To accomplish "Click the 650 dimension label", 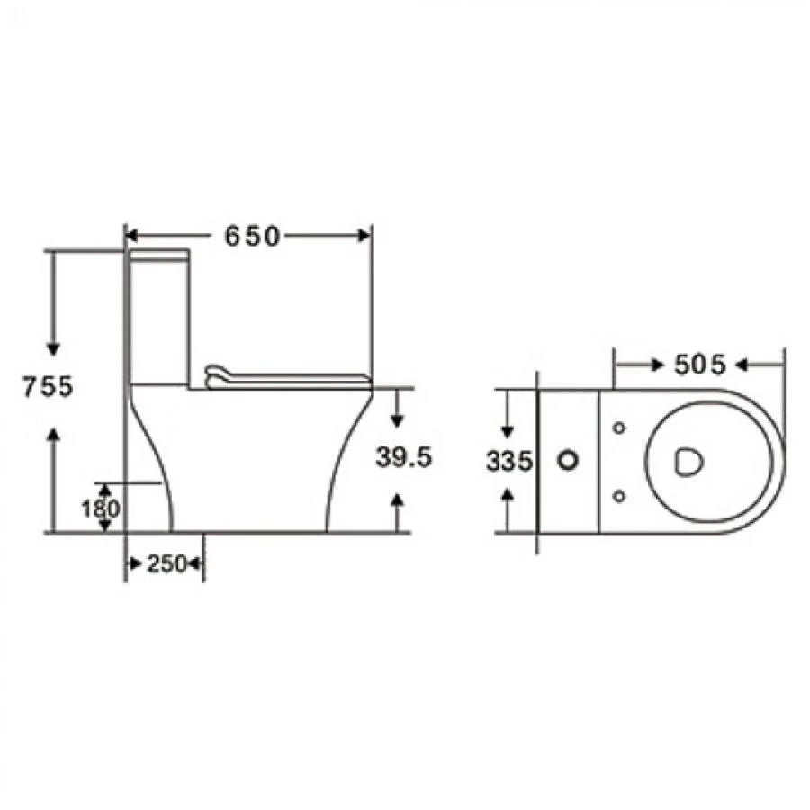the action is (252, 236).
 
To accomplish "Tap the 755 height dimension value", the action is (48, 386).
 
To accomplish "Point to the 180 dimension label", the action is (101, 508).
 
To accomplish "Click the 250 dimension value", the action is (166, 563).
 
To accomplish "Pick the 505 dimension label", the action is (700, 364).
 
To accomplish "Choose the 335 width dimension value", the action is (508, 462).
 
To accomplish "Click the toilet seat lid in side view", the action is (288, 378).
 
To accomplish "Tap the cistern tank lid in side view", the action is (158, 256).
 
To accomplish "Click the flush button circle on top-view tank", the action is (568, 460).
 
